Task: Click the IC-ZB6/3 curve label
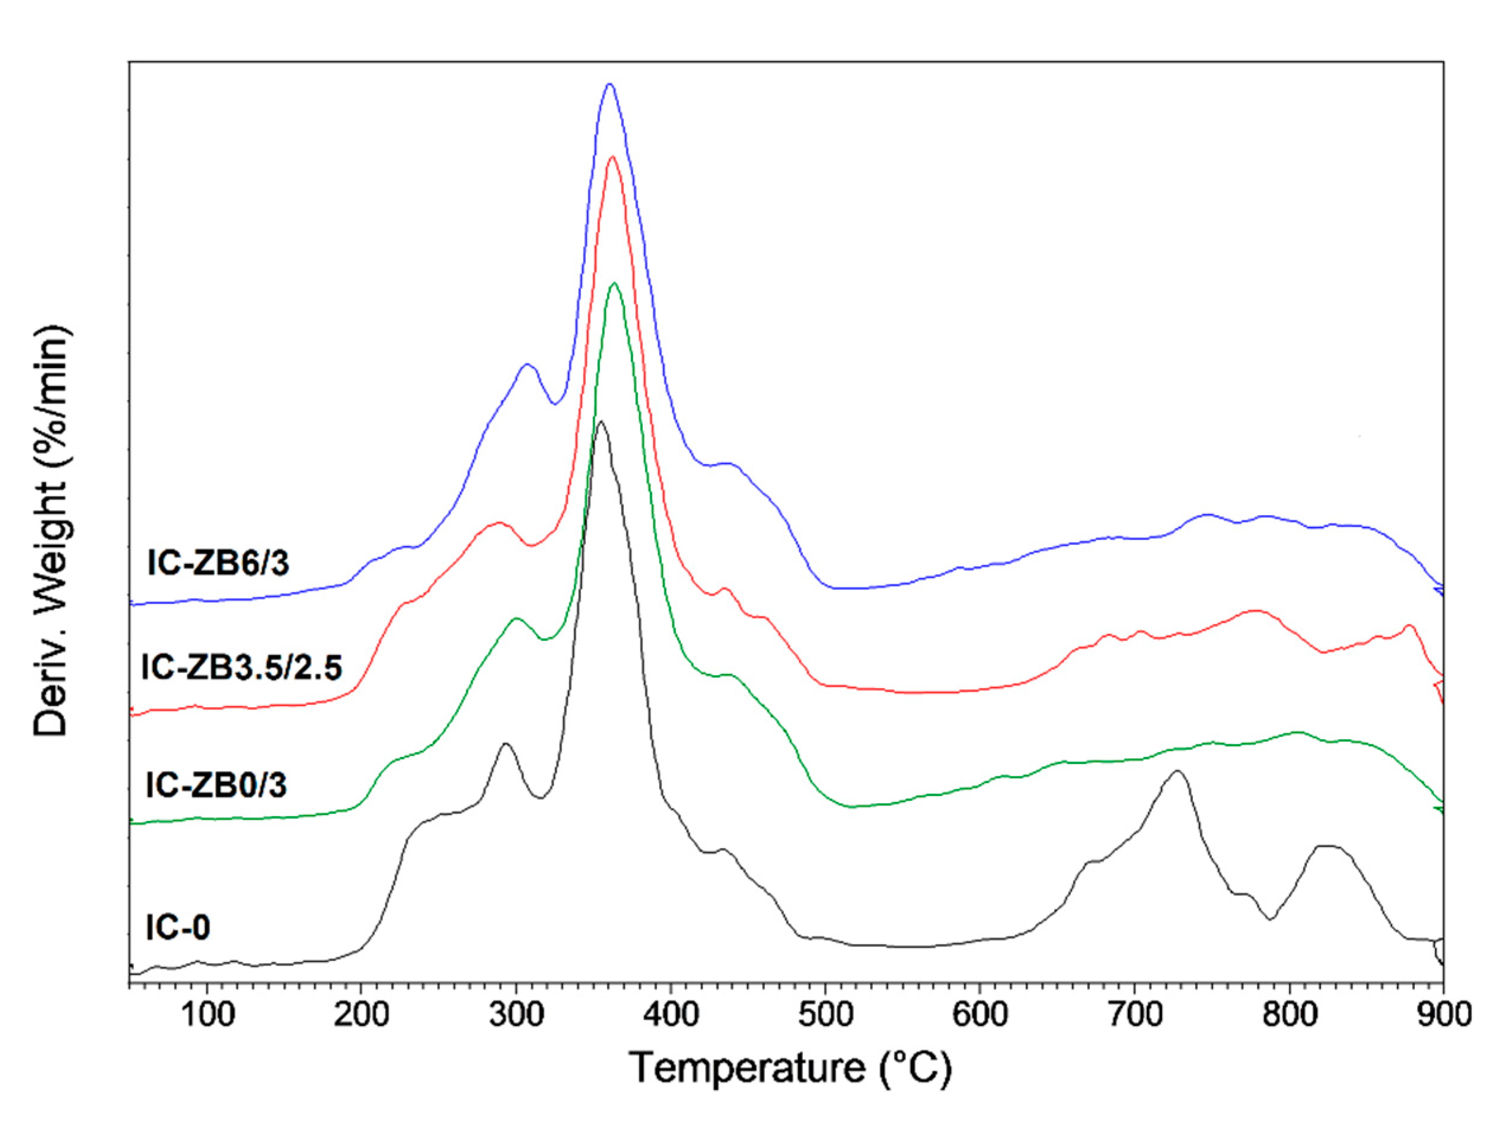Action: tap(218, 562)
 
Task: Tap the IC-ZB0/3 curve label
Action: tap(216, 785)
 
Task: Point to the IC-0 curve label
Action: tap(178, 927)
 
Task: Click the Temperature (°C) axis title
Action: tap(790, 1068)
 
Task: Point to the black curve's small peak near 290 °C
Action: tap(505, 743)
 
